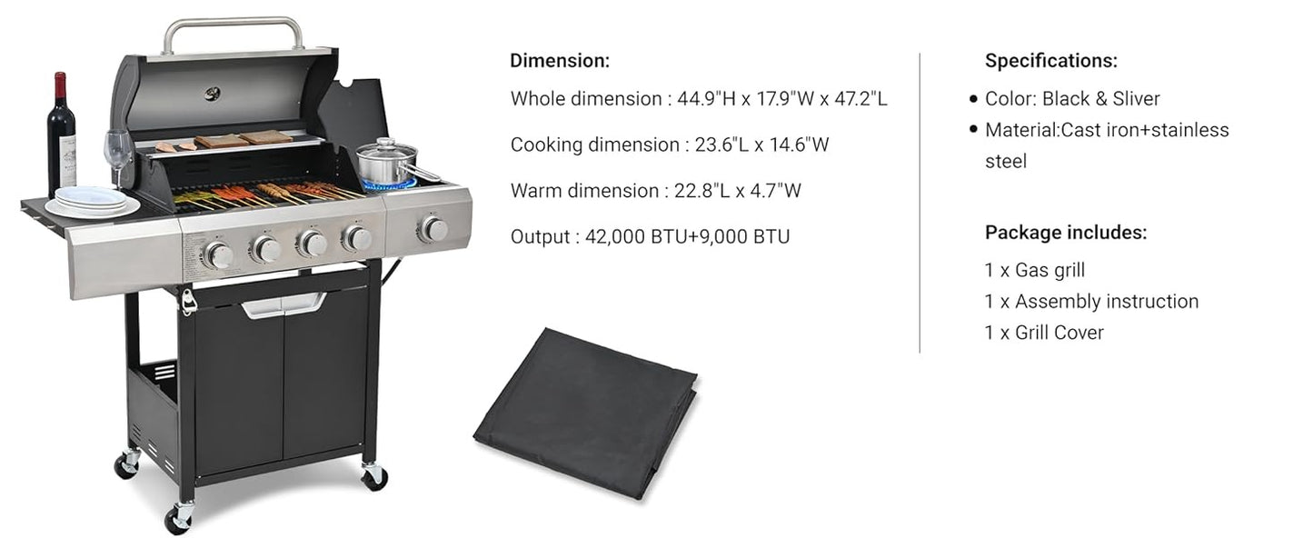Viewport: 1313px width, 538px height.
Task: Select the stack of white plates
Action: (x=92, y=202)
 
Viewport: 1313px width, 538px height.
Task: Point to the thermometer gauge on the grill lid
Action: (x=213, y=94)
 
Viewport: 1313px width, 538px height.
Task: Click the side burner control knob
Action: (x=433, y=229)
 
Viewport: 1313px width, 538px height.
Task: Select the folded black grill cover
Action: (x=585, y=413)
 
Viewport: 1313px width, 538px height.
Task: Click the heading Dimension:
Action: (x=560, y=60)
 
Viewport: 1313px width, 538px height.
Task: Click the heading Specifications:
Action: (x=1051, y=60)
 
